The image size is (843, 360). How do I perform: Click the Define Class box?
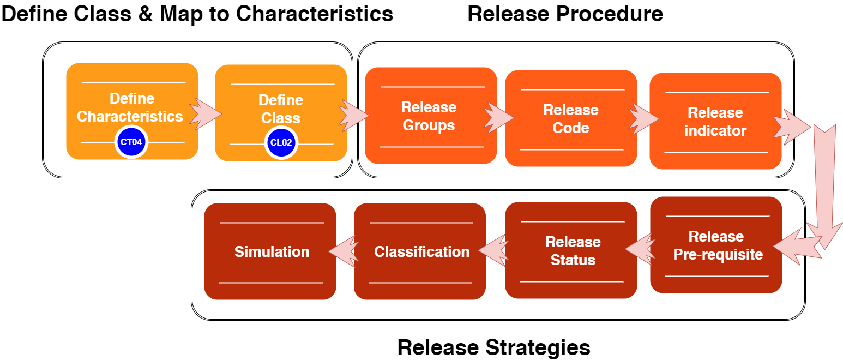(x=281, y=109)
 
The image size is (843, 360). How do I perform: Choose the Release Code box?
(x=570, y=119)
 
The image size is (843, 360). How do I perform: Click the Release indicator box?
(x=715, y=121)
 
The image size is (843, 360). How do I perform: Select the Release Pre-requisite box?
(x=716, y=245)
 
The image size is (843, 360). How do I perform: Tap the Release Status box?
(x=571, y=251)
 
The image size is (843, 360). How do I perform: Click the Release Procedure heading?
(x=565, y=14)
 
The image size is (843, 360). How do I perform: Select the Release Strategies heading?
(x=493, y=347)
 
